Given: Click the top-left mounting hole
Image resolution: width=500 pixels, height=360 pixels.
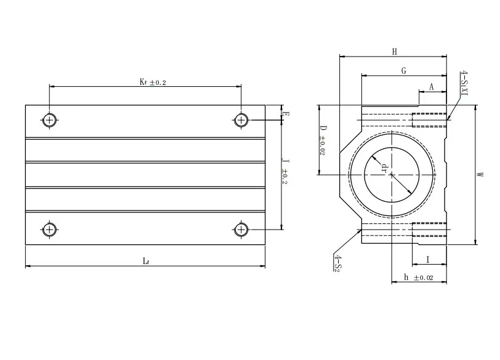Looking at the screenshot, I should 49,119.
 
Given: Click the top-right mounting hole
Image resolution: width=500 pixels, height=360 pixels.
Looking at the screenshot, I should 241,119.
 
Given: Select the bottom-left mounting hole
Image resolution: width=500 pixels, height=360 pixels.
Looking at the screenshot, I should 49,230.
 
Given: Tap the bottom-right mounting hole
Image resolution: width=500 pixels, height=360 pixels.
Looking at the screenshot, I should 241,230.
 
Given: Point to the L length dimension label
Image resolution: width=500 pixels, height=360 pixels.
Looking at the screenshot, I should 145,261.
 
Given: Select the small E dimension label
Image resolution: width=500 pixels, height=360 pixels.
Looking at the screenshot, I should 284,113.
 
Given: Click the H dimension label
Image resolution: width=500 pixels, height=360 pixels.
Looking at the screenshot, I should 394,52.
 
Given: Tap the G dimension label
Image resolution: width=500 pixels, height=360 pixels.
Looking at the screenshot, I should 403,71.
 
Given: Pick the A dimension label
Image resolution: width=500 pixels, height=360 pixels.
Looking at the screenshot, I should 432,87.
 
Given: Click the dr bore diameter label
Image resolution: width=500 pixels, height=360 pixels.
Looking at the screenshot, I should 384,167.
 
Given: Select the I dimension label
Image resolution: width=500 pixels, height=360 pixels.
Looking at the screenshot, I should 428,260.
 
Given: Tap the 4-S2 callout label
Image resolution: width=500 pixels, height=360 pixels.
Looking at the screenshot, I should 337,262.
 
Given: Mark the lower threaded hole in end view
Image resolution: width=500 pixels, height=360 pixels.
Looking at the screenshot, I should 429,229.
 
